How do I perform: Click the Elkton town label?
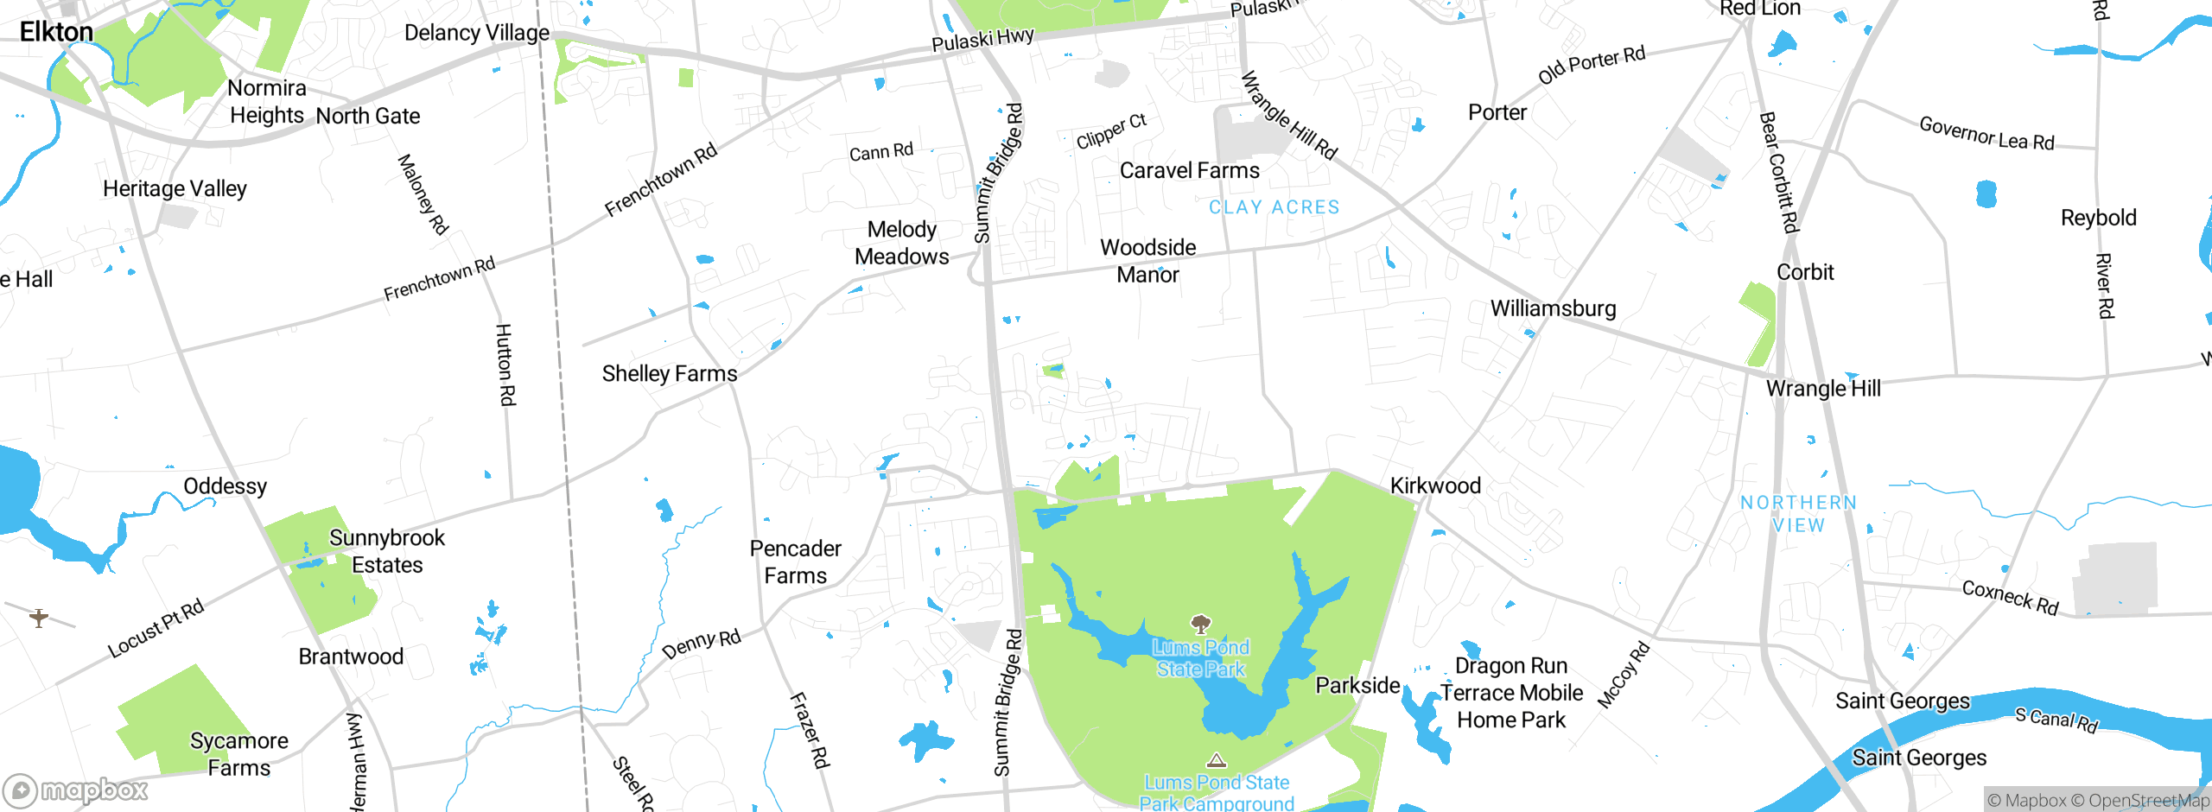click(x=56, y=32)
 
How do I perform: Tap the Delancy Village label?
click(x=476, y=33)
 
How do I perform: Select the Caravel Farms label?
click(x=1189, y=170)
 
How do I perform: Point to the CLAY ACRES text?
click(x=1274, y=207)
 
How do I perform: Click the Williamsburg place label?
click(x=1553, y=308)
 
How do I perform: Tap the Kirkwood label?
click(x=1435, y=485)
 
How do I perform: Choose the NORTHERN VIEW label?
click(x=1798, y=514)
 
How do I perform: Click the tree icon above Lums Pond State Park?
click(x=1200, y=624)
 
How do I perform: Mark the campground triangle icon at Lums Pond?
click(x=1217, y=761)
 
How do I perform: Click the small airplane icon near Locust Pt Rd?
click(x=39, y=618)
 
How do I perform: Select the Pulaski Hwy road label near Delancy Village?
click(x=982, y=40)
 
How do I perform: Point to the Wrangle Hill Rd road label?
click(x=1288, y=116)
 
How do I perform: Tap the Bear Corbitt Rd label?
click(x=1779, y=172)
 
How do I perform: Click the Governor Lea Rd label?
click(x=1986, y=134)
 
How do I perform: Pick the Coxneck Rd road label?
click(x=2010, y=597)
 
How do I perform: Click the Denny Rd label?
click(x=702, y=644)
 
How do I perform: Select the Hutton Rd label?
click(x=505, y=365)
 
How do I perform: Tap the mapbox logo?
click(x=76, y=790)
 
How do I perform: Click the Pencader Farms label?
click(x=795, y=562)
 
